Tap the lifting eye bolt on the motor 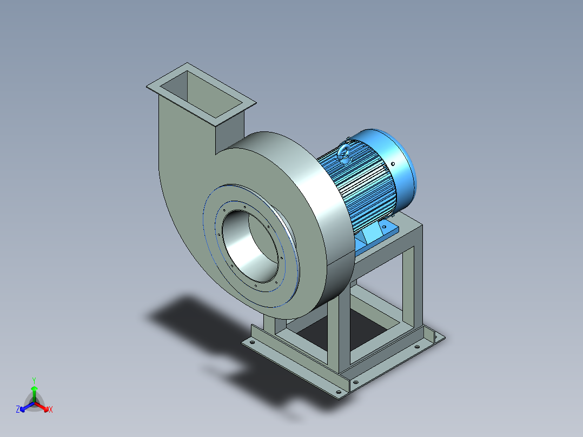(345, 154)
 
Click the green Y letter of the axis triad (34, 380)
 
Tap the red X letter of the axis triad (51, 410)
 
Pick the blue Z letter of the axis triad (18, 410)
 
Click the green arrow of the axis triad (34, 390)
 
